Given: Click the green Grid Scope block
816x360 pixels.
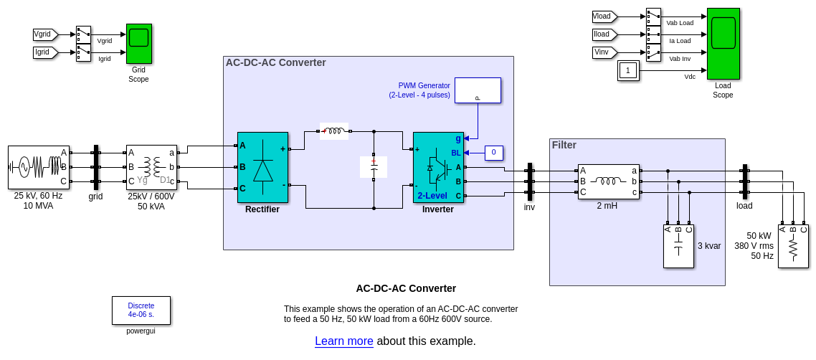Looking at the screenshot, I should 138,43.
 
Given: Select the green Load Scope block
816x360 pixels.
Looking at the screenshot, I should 723,43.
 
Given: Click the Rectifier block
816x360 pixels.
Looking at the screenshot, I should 262,167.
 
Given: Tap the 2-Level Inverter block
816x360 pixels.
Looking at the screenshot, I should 438,167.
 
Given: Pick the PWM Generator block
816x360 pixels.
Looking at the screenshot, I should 478,90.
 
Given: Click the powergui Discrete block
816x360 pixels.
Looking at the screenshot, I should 141,311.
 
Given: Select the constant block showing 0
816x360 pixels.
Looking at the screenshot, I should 493,153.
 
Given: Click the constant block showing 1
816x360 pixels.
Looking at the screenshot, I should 628,70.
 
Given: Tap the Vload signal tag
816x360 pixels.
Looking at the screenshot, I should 604,16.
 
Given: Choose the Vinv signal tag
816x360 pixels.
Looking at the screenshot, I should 604,52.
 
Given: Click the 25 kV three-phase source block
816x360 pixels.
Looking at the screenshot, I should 39,167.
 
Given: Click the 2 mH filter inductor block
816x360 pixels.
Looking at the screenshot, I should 609,181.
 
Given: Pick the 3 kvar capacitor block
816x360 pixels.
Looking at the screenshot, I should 678,247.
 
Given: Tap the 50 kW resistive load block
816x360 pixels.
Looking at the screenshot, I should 793,247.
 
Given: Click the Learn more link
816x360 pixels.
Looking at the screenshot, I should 344,341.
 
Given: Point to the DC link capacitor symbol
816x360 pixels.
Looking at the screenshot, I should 374,167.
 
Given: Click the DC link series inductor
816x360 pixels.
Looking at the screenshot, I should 334,131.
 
